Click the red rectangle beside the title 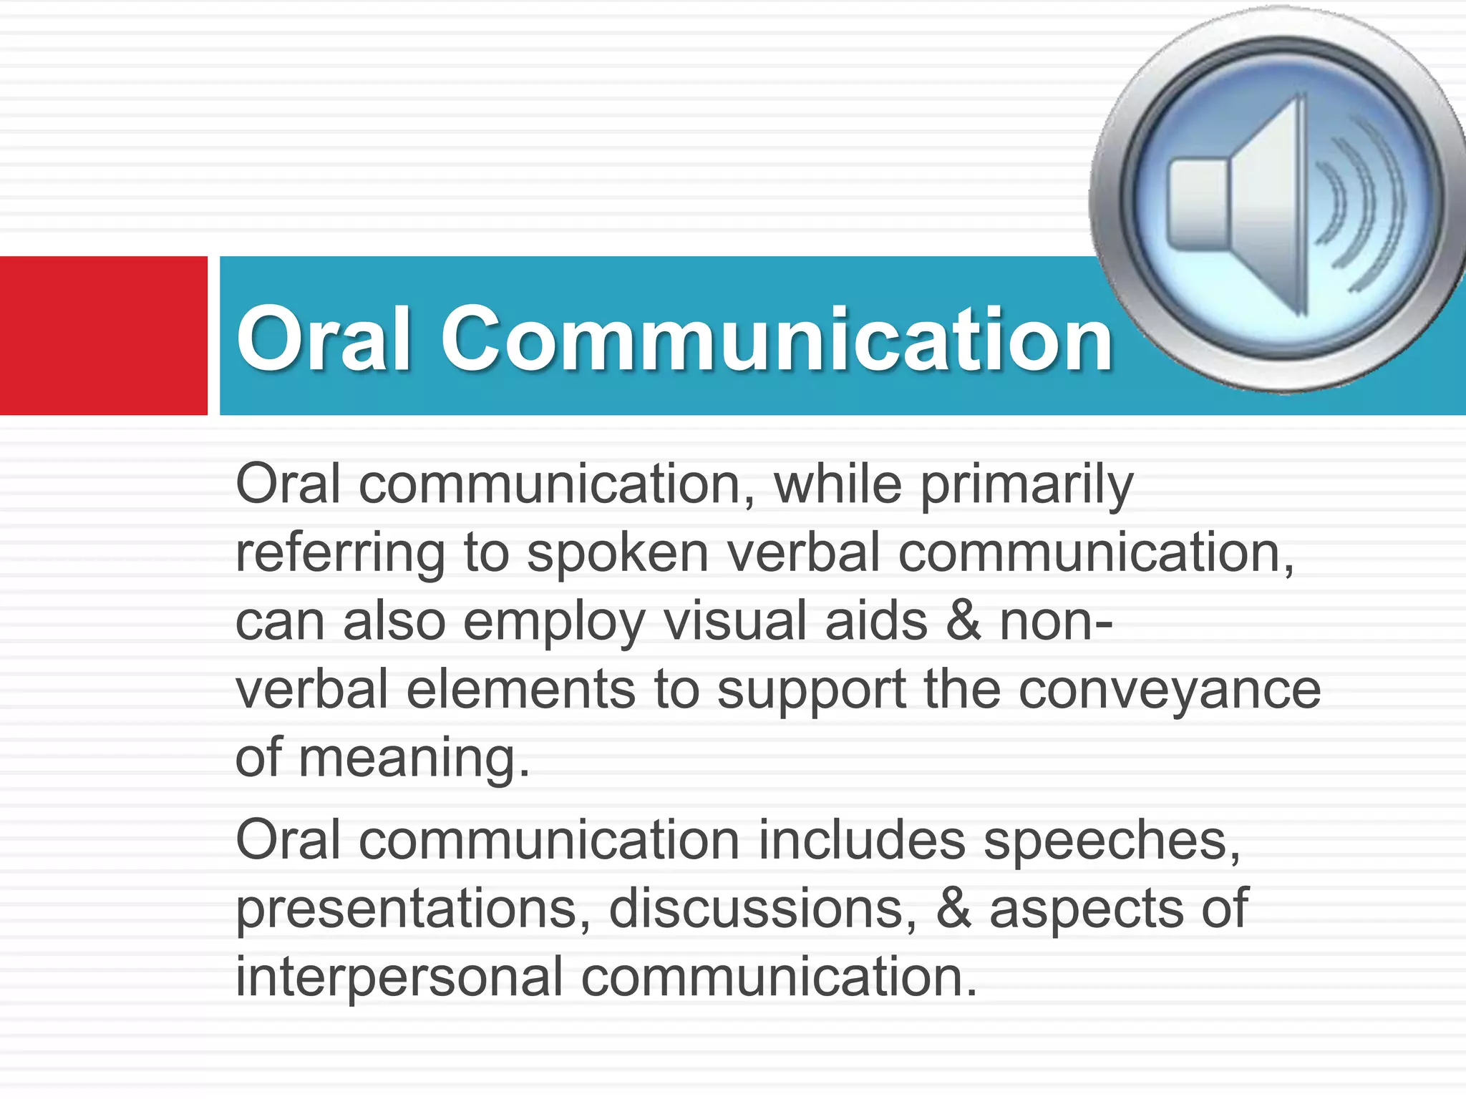(x=103, y=335)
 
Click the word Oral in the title (x=324, y=338)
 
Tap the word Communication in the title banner (x=777, y=339)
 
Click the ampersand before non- (x=963, y=621)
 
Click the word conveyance (x=1169, y=691)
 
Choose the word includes (x=862, y=840)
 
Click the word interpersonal (x=399, y=977)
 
